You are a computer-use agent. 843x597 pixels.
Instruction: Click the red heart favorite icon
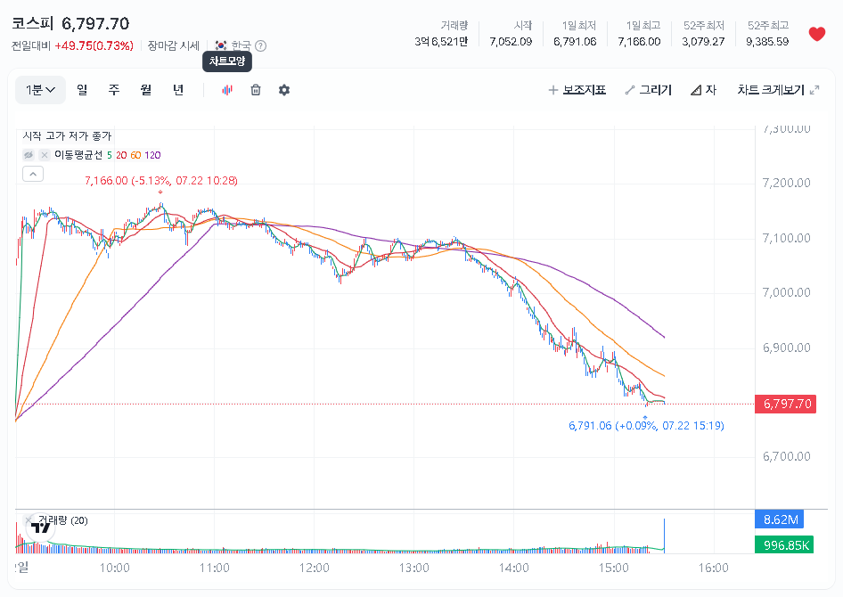[x=816, y=34]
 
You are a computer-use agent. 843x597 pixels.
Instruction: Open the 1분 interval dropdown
[x=40, y=90]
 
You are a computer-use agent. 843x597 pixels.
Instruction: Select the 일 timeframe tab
[x=82, y=90]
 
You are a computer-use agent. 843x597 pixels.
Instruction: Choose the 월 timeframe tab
[x=145, y=90]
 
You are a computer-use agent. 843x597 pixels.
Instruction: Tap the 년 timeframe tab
[x=178, y=90]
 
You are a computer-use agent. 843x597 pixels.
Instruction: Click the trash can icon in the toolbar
[x=256, y=90]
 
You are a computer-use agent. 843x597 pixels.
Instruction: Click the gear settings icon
[x=284, y=90]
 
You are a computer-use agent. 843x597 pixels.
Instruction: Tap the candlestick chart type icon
[x=227, y=90]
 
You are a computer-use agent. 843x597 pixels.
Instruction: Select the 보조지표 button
[x=577, y=90]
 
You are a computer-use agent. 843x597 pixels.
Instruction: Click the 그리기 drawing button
[x=649, y=90]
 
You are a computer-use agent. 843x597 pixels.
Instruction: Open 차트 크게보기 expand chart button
[x=778, y=90]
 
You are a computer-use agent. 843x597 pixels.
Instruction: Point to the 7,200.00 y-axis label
[x=787, y=183]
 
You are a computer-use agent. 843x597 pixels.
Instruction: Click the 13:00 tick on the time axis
[x=414, y=568]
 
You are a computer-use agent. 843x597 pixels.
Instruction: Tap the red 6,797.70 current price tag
[x=785, y=404]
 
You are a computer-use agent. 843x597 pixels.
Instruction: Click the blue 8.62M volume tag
[x=779, y=519]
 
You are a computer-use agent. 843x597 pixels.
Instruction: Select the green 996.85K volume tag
[x=784, y=545]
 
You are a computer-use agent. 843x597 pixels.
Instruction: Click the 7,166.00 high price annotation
[x=161, y=181]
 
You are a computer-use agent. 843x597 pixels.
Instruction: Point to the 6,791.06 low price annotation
[x=646, y=426]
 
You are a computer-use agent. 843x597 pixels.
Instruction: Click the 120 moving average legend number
[x=152, y=155]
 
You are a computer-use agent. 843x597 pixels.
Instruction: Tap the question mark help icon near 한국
[x=261, y=45]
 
